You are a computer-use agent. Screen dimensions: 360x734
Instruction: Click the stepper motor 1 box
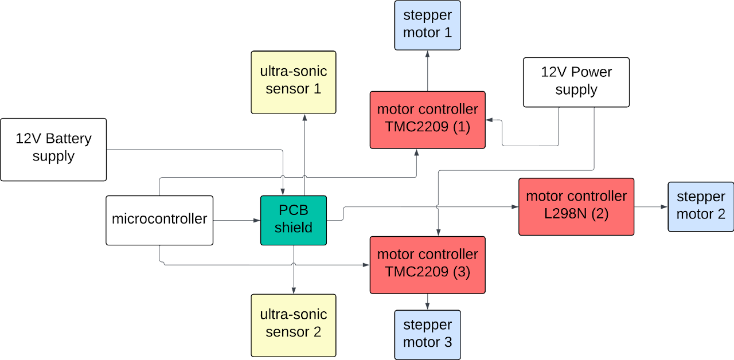point(427,25)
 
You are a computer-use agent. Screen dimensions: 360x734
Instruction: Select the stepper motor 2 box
point(701,206)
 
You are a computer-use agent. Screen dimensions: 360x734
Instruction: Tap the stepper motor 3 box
point(427,335)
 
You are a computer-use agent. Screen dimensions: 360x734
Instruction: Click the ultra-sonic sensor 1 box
point(293,82)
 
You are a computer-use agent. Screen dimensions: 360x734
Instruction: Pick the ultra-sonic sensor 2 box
point(293,325)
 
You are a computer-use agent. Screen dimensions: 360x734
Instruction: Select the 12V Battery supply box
point(53,149)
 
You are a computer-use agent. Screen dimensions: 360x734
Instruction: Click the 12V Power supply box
point(576,82)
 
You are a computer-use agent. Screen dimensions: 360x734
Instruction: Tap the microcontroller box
point(159,220)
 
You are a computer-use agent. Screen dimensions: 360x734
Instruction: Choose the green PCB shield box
point(293,220)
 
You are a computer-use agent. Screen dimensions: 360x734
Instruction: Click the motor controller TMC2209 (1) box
point(427,119)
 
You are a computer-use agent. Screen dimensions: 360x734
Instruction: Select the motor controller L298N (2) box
point(576,206)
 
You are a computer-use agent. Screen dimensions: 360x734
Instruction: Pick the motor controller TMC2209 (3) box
point(427,264)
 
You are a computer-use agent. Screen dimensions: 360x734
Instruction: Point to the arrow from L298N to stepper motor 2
point(651,206)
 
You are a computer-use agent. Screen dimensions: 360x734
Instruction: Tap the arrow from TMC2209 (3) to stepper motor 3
point(427,302)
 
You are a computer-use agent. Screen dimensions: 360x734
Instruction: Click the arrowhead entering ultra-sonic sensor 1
point(304,117)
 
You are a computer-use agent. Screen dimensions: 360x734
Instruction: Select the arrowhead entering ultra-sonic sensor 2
point(293,291)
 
